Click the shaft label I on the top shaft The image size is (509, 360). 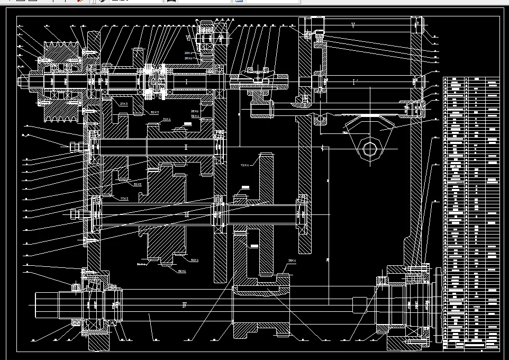pos(186,82)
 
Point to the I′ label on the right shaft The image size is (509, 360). pos(355,82)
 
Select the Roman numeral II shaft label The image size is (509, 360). pos(186,147)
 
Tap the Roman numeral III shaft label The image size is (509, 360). pos(186,214)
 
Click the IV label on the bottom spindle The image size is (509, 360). pos(185,304)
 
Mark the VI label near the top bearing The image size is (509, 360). pos(188,38)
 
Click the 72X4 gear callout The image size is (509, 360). pos(245,165)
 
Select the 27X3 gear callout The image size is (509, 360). pos(124,104)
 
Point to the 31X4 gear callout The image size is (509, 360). pos(167,120)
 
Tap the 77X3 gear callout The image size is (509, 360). pos(124,199)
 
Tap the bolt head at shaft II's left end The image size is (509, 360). pos(75,145)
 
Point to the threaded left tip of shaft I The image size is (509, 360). pos(24,81)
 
